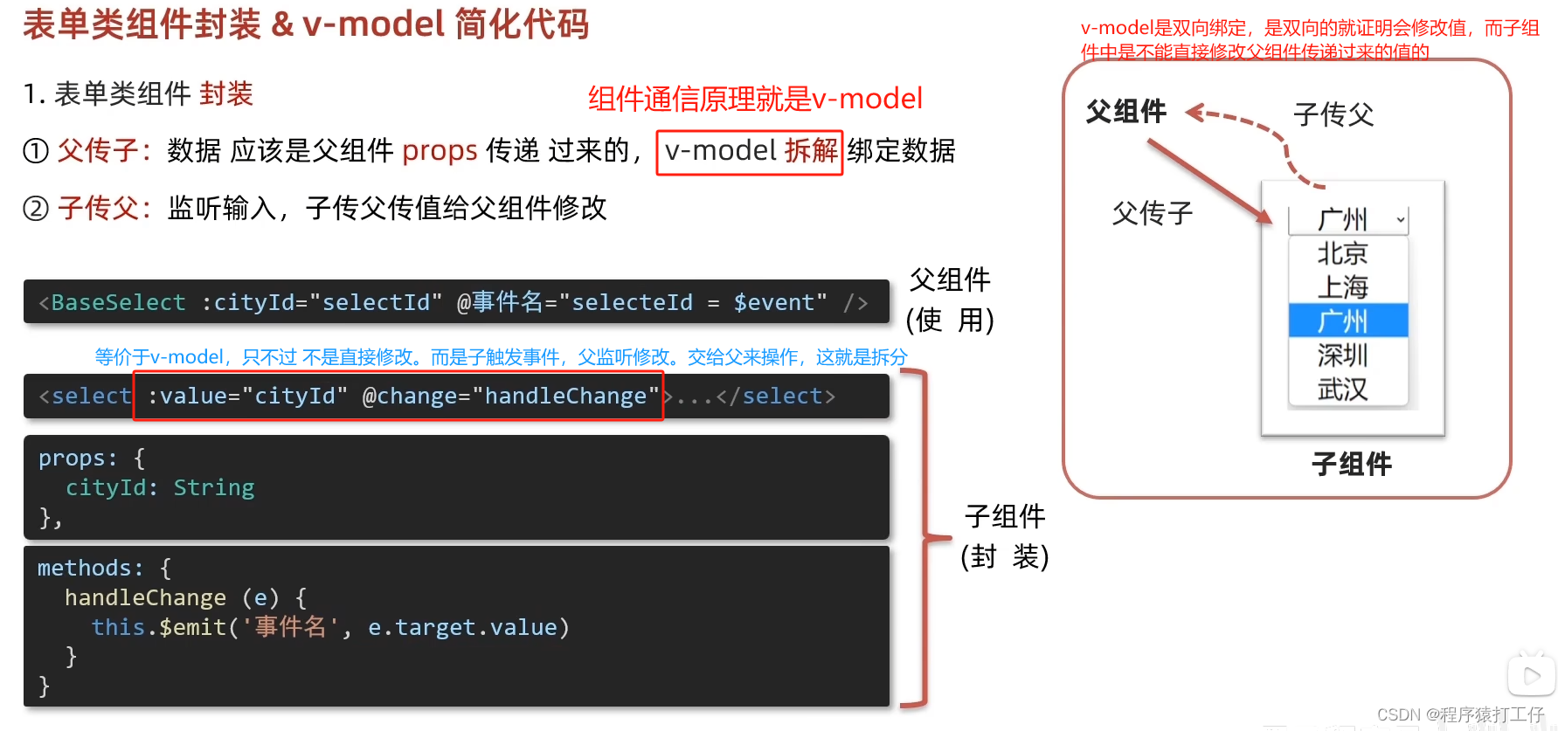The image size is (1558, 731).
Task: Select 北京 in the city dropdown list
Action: click(1343, 253)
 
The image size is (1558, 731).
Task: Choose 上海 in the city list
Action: click(1343, 286)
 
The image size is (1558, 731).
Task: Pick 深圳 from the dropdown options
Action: click(1343, 355)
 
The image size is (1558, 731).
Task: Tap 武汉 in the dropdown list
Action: click(1343, 389)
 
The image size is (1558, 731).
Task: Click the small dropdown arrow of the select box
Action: click(1401, 220)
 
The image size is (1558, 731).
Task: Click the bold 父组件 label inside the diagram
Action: click(1126, 112)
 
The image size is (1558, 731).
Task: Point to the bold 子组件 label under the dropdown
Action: click(1351, 464)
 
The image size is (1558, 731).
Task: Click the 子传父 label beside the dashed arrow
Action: click(1333, 114)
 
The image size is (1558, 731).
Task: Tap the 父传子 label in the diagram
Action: click(1153, 213)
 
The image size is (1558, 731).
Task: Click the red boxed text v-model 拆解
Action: click(750, 152)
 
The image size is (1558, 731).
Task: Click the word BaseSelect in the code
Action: click(118, 302)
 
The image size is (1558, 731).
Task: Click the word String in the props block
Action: click(213, 487)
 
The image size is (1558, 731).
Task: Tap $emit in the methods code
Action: click(192, 627)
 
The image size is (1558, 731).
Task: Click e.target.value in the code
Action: click(463, 627)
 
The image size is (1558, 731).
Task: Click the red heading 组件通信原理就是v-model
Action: click(755, 99)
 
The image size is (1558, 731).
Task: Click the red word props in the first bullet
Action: click(440, 151)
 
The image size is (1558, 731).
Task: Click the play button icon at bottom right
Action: click(1531, 675)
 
